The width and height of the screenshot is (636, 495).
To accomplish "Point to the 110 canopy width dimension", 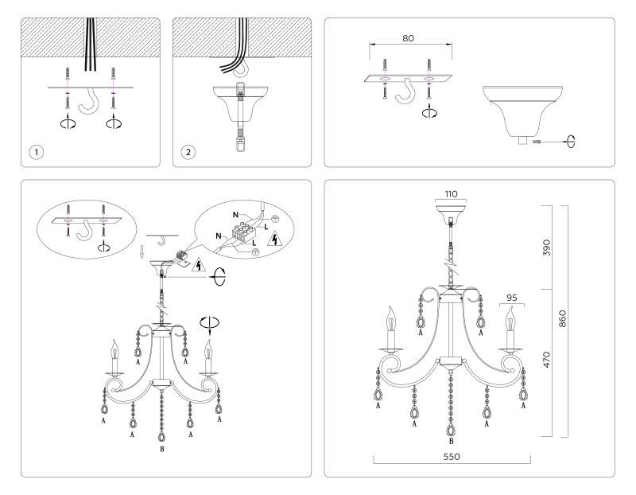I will coord(452,193).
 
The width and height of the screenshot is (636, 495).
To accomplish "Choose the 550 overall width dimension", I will coord(452,458).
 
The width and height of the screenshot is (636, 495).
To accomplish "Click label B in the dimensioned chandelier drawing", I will coord(452,441).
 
